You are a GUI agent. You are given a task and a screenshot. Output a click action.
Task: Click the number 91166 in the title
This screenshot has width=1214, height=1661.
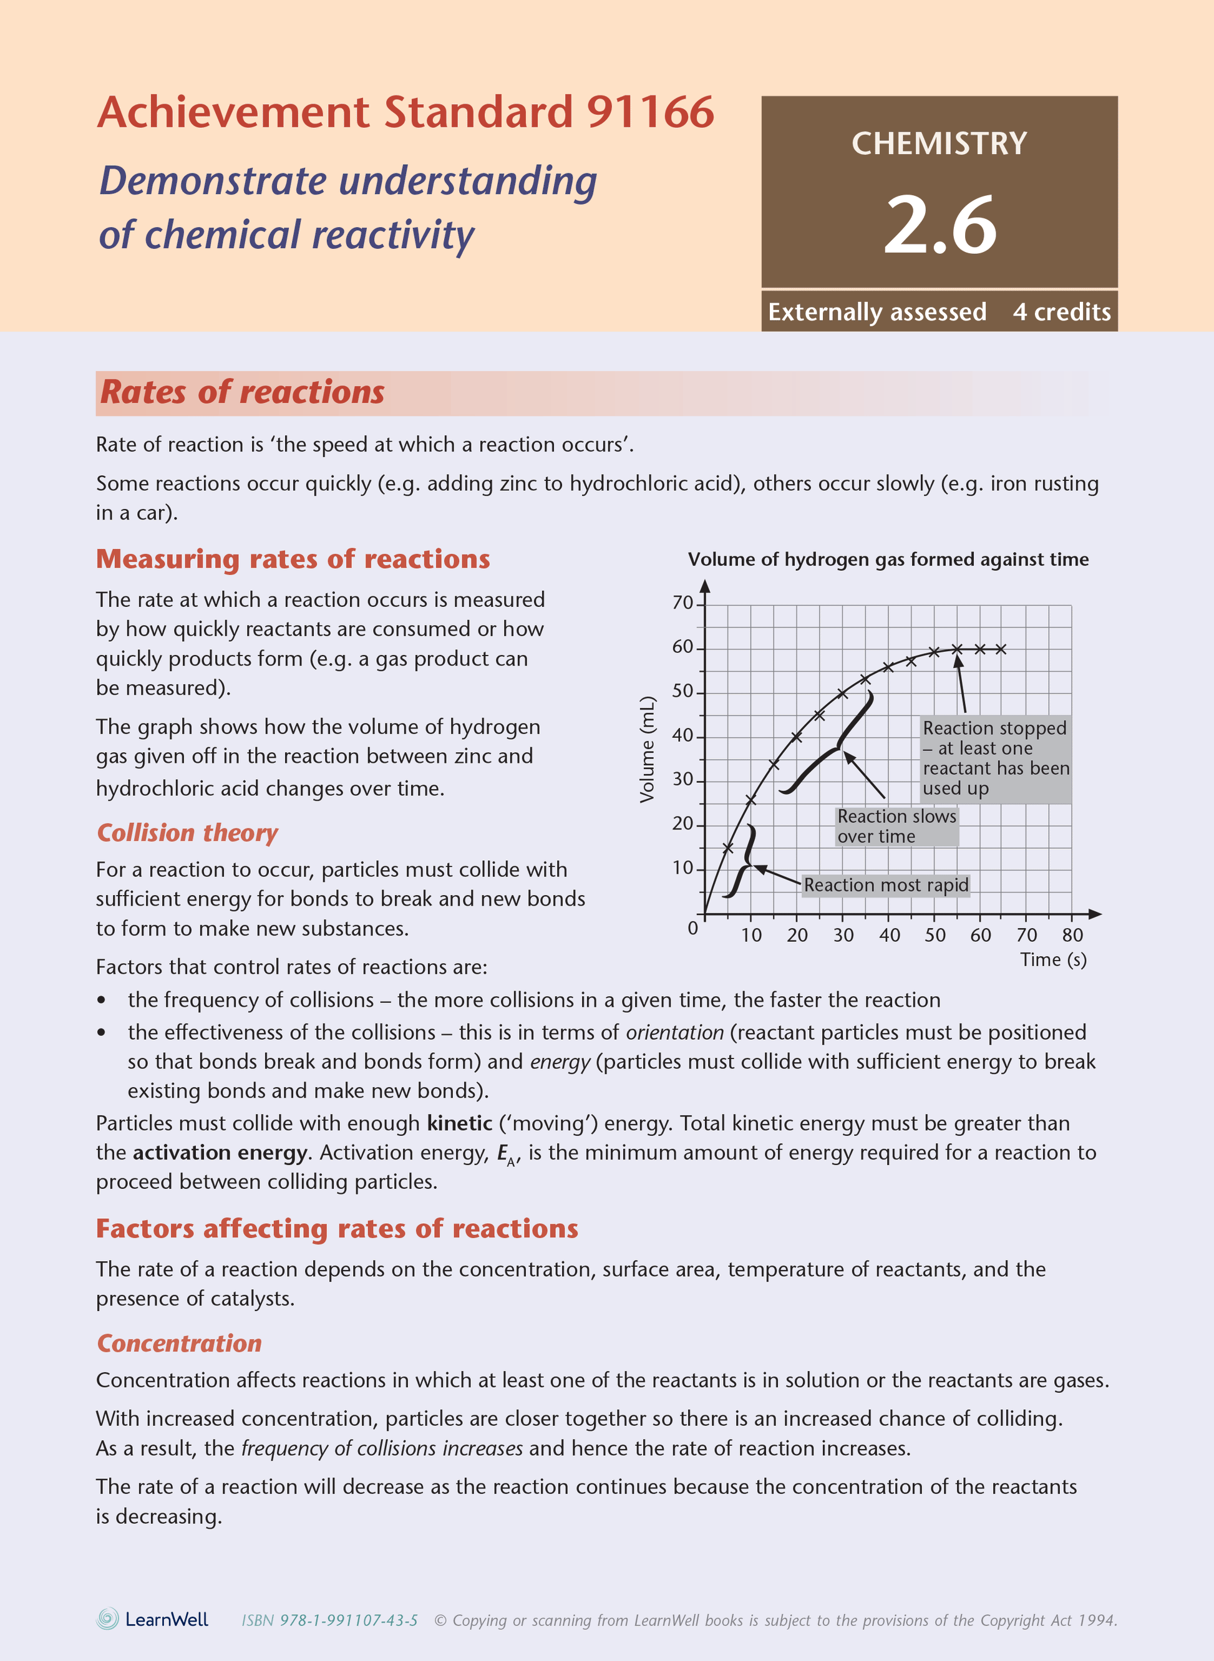(649, 112)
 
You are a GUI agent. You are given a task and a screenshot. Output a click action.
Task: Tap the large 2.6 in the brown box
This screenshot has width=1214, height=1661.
(940, 224)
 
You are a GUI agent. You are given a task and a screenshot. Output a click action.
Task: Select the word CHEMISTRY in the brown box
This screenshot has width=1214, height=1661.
(939, 143)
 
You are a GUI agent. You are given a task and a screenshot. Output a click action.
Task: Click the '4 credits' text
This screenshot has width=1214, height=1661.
(1061, 312)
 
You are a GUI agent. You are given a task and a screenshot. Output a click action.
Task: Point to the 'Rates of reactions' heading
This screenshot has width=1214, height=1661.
(242, 392)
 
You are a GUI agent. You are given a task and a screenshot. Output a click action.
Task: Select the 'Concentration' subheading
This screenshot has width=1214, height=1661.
(179, 1343)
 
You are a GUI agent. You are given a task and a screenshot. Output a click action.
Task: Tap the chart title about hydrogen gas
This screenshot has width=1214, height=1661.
(888, 559)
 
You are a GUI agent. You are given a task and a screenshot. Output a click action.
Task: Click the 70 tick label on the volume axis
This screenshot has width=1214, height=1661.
(682, 603)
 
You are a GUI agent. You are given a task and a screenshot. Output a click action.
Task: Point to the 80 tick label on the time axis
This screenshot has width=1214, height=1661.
(1072, 935)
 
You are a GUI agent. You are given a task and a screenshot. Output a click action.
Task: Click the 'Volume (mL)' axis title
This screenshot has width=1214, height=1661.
(647, 749)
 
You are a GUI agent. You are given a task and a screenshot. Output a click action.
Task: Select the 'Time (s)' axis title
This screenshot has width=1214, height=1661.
(1053, 959)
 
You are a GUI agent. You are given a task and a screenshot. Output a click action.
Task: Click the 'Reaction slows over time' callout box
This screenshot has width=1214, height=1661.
(896, 826)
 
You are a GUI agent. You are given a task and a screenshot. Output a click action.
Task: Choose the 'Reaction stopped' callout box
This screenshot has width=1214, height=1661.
(995, 758)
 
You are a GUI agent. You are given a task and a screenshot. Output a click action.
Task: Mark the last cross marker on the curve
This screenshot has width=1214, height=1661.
(1001, 649)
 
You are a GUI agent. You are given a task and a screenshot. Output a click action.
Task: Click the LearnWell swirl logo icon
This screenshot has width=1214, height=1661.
(108, 1619)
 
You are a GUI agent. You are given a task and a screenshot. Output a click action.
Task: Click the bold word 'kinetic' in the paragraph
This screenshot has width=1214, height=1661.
(459, 1123)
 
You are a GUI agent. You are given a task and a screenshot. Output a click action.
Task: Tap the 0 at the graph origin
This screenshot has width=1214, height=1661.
(692, 929)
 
